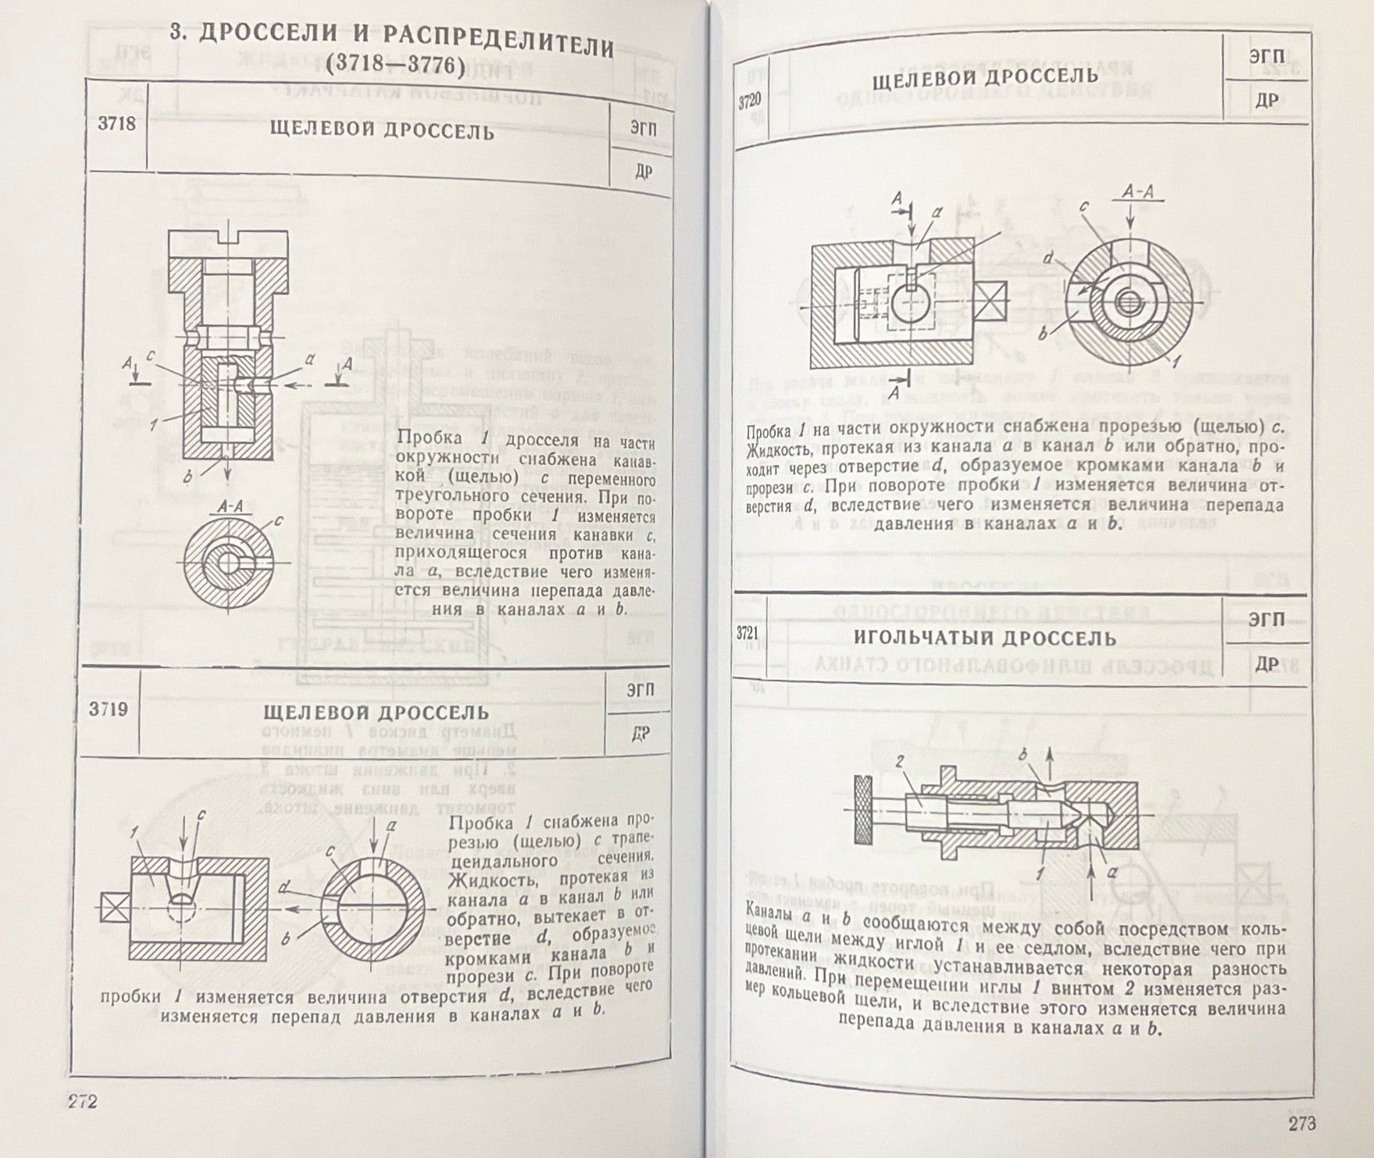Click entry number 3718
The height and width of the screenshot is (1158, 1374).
[116, 124]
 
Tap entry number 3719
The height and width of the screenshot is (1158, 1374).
[108, 709]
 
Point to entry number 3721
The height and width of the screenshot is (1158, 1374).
[748, 633]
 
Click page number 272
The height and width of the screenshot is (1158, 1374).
[81, 1102]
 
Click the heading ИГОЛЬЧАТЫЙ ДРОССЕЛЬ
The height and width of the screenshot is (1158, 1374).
[984, 638]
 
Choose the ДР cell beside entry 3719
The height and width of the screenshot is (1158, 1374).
[640, 734]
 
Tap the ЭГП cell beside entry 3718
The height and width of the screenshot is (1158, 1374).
[643, 129]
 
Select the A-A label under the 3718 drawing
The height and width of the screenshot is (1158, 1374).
[230, 506]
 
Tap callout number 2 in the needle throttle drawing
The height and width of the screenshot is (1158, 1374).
[899, 760]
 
